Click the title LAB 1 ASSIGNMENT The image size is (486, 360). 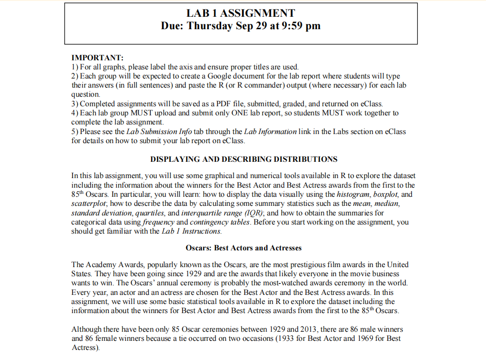241,13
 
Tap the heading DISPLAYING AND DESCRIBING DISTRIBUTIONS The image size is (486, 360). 243,159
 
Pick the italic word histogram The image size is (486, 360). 354,194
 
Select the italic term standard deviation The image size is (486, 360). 99,213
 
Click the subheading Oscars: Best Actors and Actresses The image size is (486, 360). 243,248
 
